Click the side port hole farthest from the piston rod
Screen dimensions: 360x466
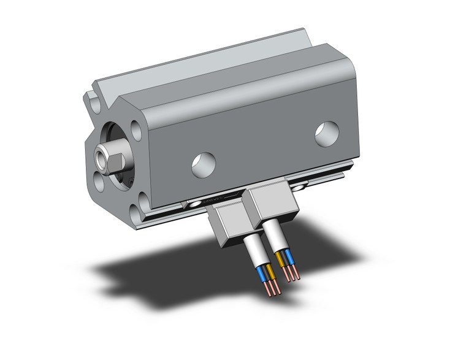(327, 134)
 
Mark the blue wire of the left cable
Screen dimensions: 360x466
(265, 273)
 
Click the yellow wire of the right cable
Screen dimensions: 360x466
(280, 258)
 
